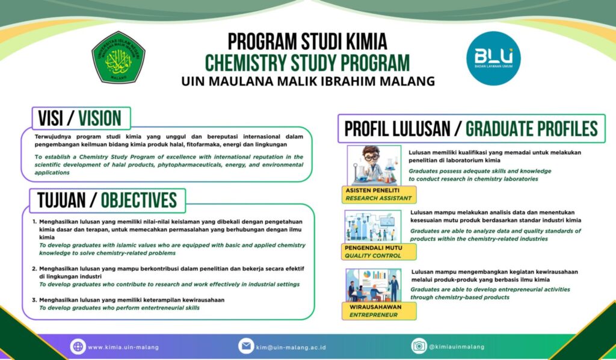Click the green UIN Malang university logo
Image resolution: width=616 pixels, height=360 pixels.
118,58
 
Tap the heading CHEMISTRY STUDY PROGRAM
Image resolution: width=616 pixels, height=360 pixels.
307,62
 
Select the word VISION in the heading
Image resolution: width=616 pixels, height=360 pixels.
100,118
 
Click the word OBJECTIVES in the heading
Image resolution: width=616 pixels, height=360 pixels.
139,200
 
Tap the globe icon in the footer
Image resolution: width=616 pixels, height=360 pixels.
78,346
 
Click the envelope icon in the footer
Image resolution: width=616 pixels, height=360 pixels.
246,346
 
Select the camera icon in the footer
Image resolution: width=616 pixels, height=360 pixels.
419,346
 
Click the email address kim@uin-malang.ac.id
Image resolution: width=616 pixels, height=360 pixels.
291,347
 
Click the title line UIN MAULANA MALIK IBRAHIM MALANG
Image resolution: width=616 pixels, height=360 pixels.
307,81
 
